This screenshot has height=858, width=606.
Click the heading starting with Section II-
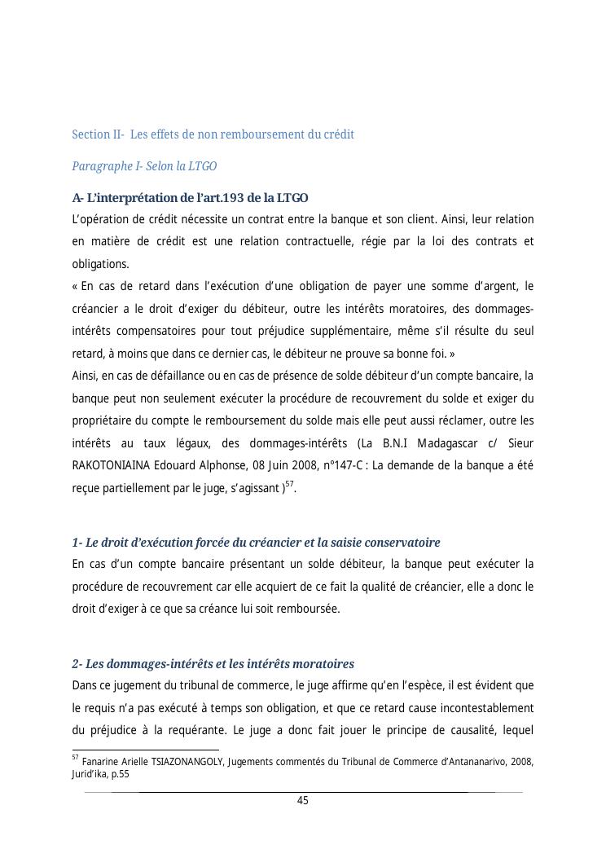(x=213, y=134)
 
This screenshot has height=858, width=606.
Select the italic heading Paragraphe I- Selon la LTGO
(x=144, y=166)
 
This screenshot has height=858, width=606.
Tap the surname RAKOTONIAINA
(x=111, y=465)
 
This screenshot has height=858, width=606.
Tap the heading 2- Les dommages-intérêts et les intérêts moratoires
(x=213, y=664)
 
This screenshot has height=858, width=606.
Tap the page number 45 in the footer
(x=302, y=801)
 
